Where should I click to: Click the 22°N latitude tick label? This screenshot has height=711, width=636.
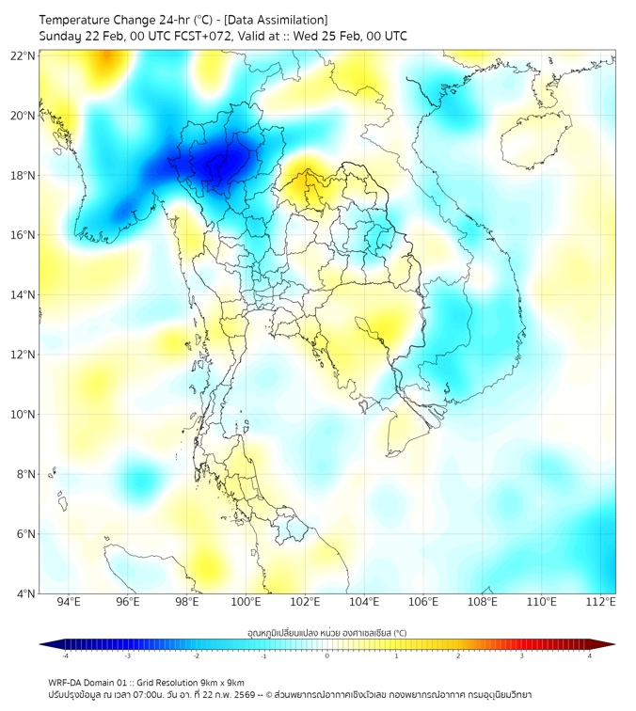point(24,55)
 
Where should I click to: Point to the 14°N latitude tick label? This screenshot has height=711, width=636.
point(24,294)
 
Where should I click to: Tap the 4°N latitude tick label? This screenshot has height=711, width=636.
point(25,593)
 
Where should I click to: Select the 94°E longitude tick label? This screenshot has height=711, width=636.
point(69,602)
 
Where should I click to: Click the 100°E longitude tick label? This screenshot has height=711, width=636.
point(246,602)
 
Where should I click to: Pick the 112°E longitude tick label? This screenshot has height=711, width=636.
point(600,602)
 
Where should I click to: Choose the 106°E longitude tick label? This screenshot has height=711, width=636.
point(423,602)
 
